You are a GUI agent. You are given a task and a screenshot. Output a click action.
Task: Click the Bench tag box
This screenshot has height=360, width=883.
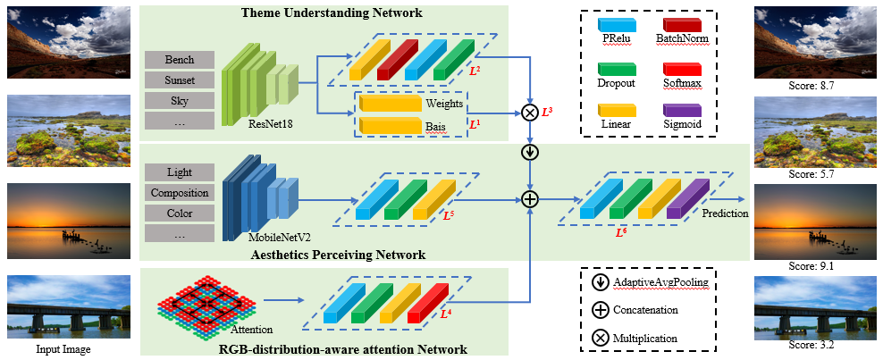tap(180, 60)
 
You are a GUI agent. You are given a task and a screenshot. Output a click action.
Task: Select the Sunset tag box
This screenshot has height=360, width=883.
tap(180, 80)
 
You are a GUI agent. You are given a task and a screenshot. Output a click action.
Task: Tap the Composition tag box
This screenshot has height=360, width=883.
tap(180, 192)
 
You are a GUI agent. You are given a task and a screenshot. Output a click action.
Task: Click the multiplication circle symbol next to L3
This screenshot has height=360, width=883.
tap(530, 113)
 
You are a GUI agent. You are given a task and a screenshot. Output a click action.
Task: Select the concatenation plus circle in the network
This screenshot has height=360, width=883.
tap(530, 199)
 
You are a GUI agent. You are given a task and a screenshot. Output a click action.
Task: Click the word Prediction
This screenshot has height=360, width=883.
tap(725, 213)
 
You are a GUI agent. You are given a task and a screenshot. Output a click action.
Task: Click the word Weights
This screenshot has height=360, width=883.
tap(444, 104)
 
